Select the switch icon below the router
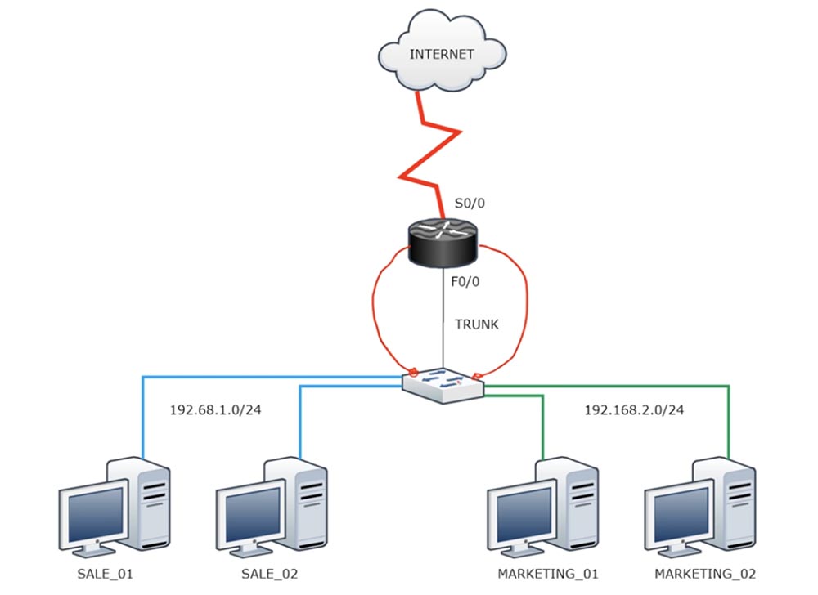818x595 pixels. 443,384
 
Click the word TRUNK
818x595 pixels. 476,324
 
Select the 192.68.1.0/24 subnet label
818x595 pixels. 216,409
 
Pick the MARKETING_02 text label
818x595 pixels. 705,574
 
